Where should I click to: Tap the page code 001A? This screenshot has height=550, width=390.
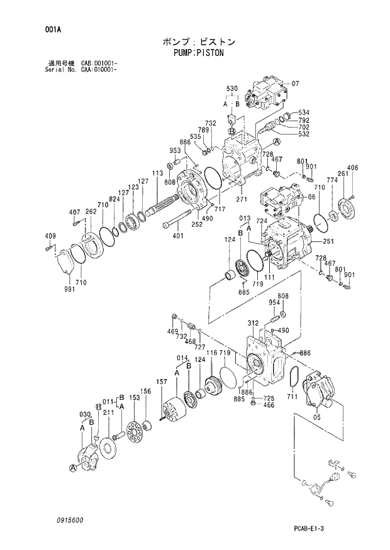[x=53, y=29]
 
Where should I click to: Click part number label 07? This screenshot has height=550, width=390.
[x=296, y=84]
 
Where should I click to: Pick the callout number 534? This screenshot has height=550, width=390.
[x=304, y=113]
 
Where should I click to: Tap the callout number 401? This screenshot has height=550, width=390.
[x=178, y=236]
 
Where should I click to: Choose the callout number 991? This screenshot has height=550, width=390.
[x=62, y=289]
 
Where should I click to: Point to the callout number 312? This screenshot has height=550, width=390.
[x=253, y=323]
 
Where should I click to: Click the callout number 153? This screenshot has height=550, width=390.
[x=134, y=397]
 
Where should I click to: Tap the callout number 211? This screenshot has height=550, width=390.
[x=108, y=412]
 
